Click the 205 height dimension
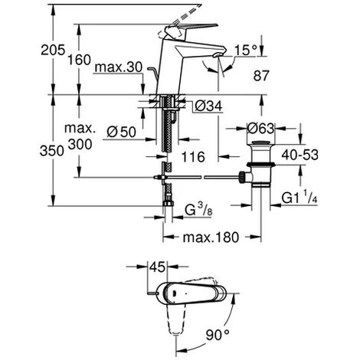[53, 50]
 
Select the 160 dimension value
[79, 61]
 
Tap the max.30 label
[118, 67]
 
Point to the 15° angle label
[245, 50]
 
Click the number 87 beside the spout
[261, 76]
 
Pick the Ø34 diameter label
[208, 106]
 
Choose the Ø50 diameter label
[122, 132]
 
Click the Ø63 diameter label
[260, 128]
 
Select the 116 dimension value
[193, 157]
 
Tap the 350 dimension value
[52, 151]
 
